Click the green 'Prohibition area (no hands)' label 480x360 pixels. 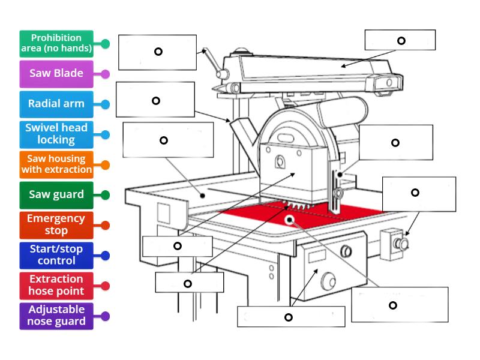coord(56,44)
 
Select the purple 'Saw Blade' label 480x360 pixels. coord(56,74)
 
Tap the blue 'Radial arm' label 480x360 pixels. coord(56,104)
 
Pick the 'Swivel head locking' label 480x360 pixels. coord(56,134)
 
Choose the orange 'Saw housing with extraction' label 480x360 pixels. coord(56,164)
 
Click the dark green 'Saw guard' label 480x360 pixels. coord(56,194)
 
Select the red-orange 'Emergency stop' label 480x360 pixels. coord(56,224)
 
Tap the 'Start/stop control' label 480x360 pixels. coord(56,254)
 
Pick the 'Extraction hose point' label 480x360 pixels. coord(56,285)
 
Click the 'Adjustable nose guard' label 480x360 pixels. coord(56,315)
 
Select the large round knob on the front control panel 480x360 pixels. coord(329,279)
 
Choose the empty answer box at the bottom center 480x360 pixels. coord(291,317)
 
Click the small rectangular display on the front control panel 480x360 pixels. coord(316,257)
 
